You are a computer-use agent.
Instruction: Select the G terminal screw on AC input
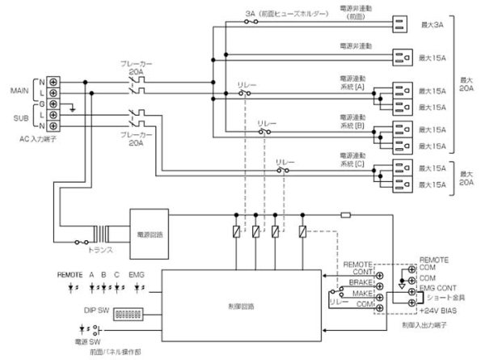[x=53, y=104]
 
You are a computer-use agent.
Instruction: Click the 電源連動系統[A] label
[x=352, y=84]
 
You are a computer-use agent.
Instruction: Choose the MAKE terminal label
[x=361, y=292]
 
